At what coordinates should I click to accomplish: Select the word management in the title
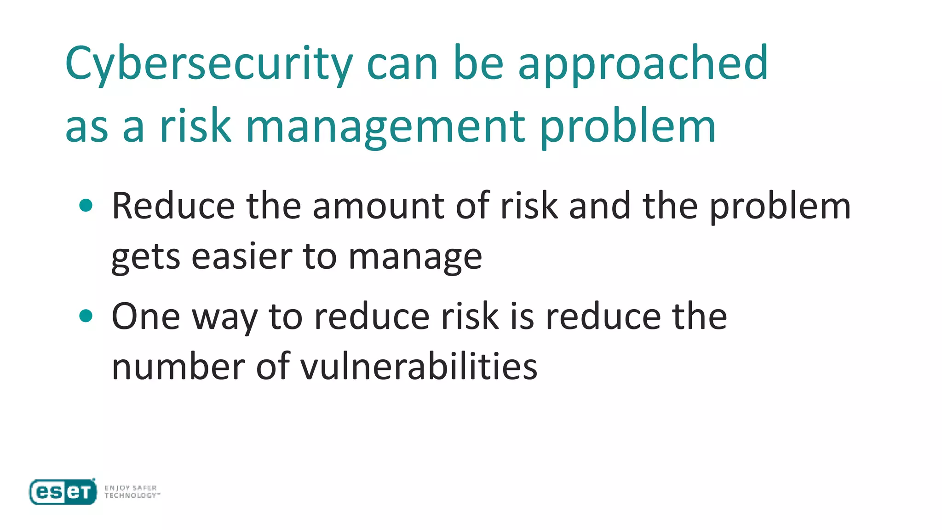(x=385, y=127)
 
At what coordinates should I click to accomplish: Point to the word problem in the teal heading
(x=628, y=127)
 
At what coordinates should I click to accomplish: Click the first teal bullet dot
(x=86, y=205)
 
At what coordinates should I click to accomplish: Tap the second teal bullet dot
(x=86, y=316)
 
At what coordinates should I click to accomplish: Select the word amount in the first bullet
(x=378, y=206)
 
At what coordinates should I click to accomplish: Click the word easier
(x=242, y=256)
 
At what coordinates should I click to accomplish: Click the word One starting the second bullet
(x=146, y=317)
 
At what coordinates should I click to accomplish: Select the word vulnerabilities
(x=419, y=367)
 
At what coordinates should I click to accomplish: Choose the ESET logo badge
(x=63, y=492)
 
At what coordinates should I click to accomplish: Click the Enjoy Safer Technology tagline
(x=132, y=491)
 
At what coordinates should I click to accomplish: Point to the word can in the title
(x=402, y=64)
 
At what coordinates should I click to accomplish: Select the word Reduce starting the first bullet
(x=173, y=206)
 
